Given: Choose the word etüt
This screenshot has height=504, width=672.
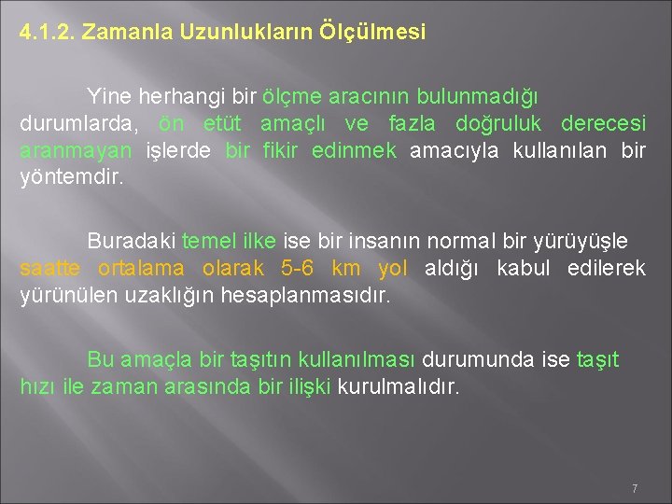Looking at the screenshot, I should tap(220, 124).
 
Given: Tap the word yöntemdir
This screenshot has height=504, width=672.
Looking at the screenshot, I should tap(71, 177).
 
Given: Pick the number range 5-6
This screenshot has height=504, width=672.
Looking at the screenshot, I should tap(299, 269).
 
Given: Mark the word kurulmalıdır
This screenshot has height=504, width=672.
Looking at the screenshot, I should tap(399, 386).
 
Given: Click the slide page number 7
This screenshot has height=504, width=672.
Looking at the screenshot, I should tap(635, 488).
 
